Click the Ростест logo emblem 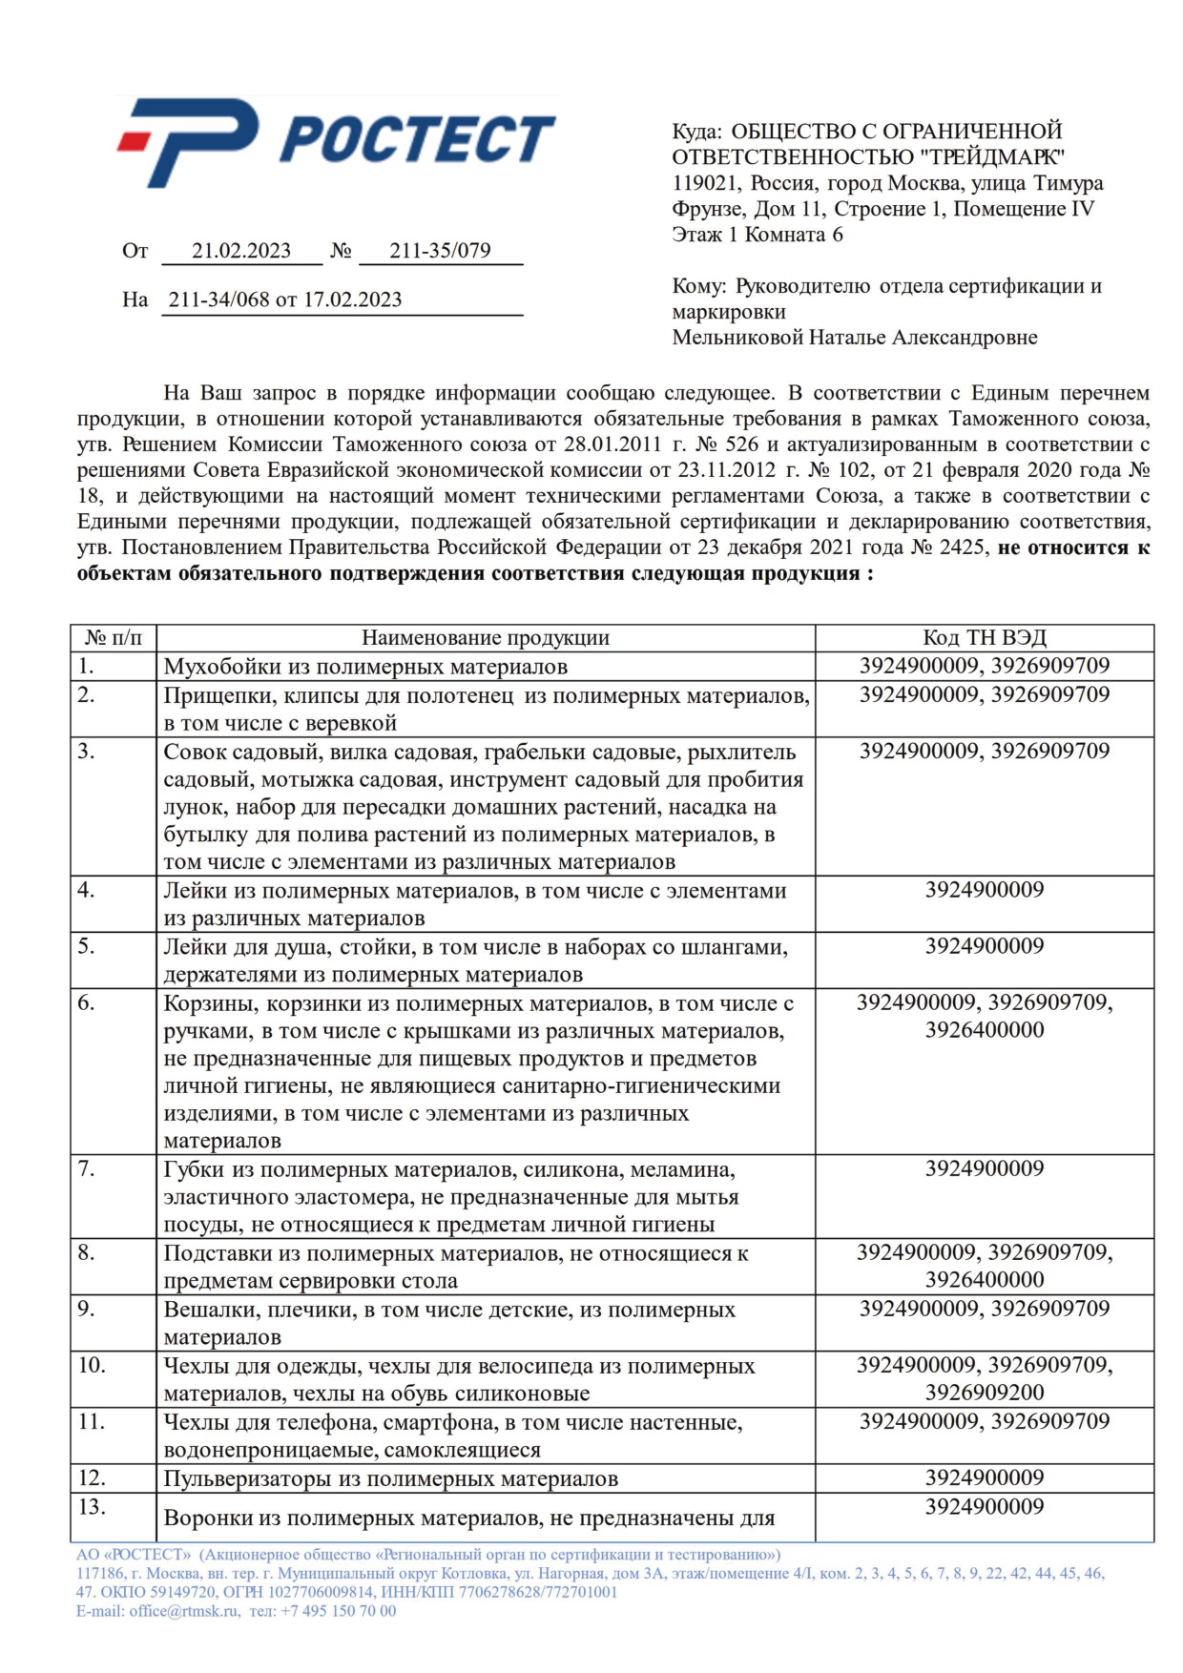191,141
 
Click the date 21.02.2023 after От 241,251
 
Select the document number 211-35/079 440,251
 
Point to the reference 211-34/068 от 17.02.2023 285,300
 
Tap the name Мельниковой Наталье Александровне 855,338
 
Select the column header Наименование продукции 485,638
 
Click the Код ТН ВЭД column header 984,638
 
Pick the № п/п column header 113,638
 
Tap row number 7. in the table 87,1168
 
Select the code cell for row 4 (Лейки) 984,890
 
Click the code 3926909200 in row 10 984,1393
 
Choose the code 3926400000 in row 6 984,1030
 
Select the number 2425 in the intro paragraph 962,547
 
